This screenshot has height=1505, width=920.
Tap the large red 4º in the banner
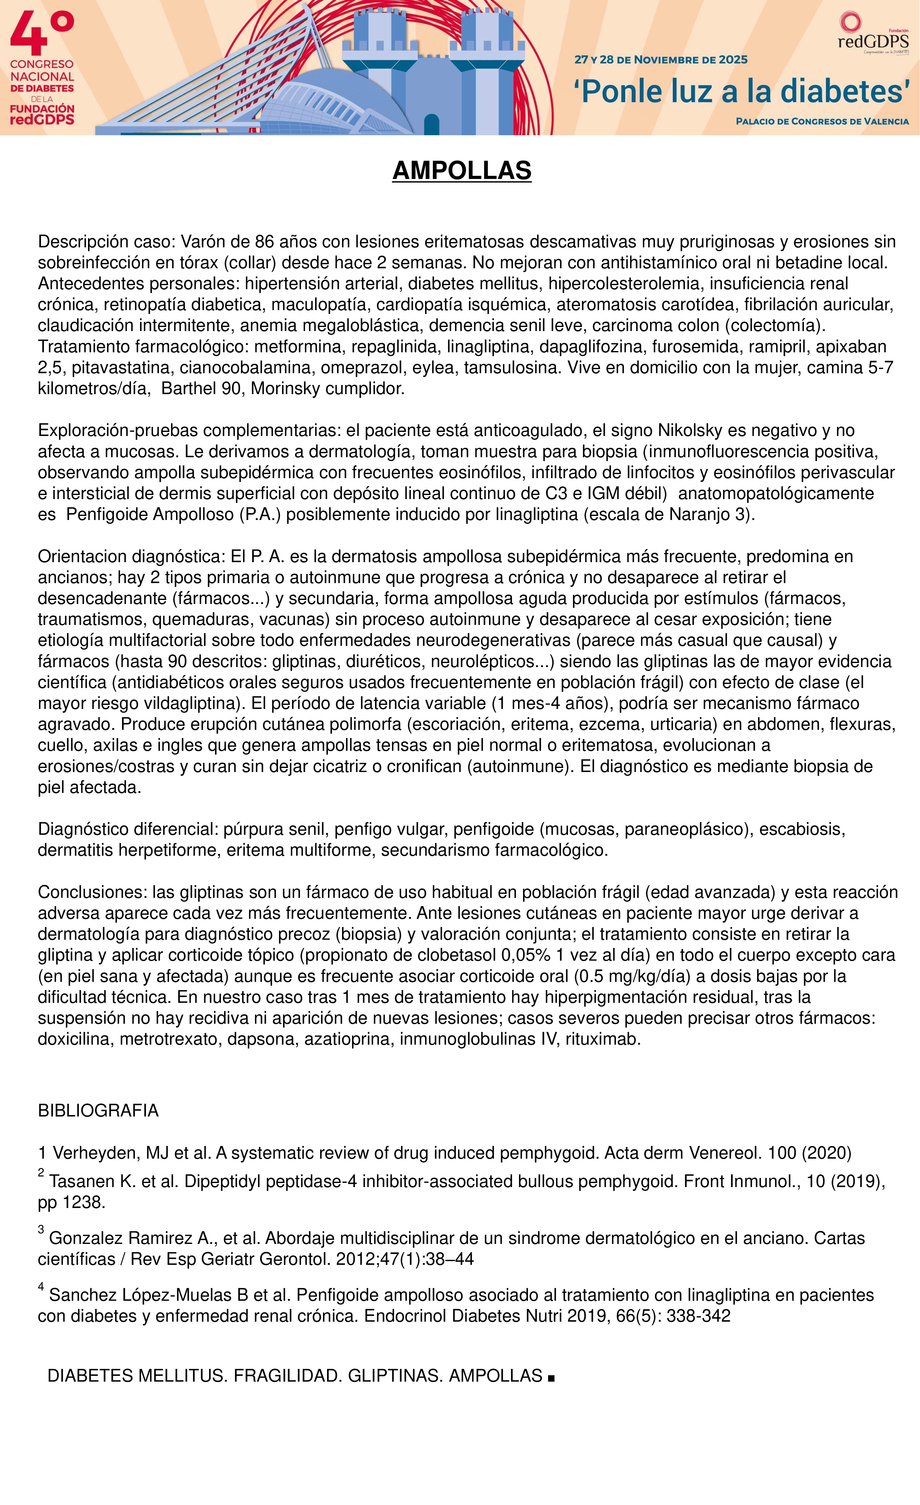coord(42,35)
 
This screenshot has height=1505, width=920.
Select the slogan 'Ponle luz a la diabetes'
coord(741,91)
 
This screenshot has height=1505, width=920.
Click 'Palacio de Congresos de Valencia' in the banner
coord(822,121)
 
